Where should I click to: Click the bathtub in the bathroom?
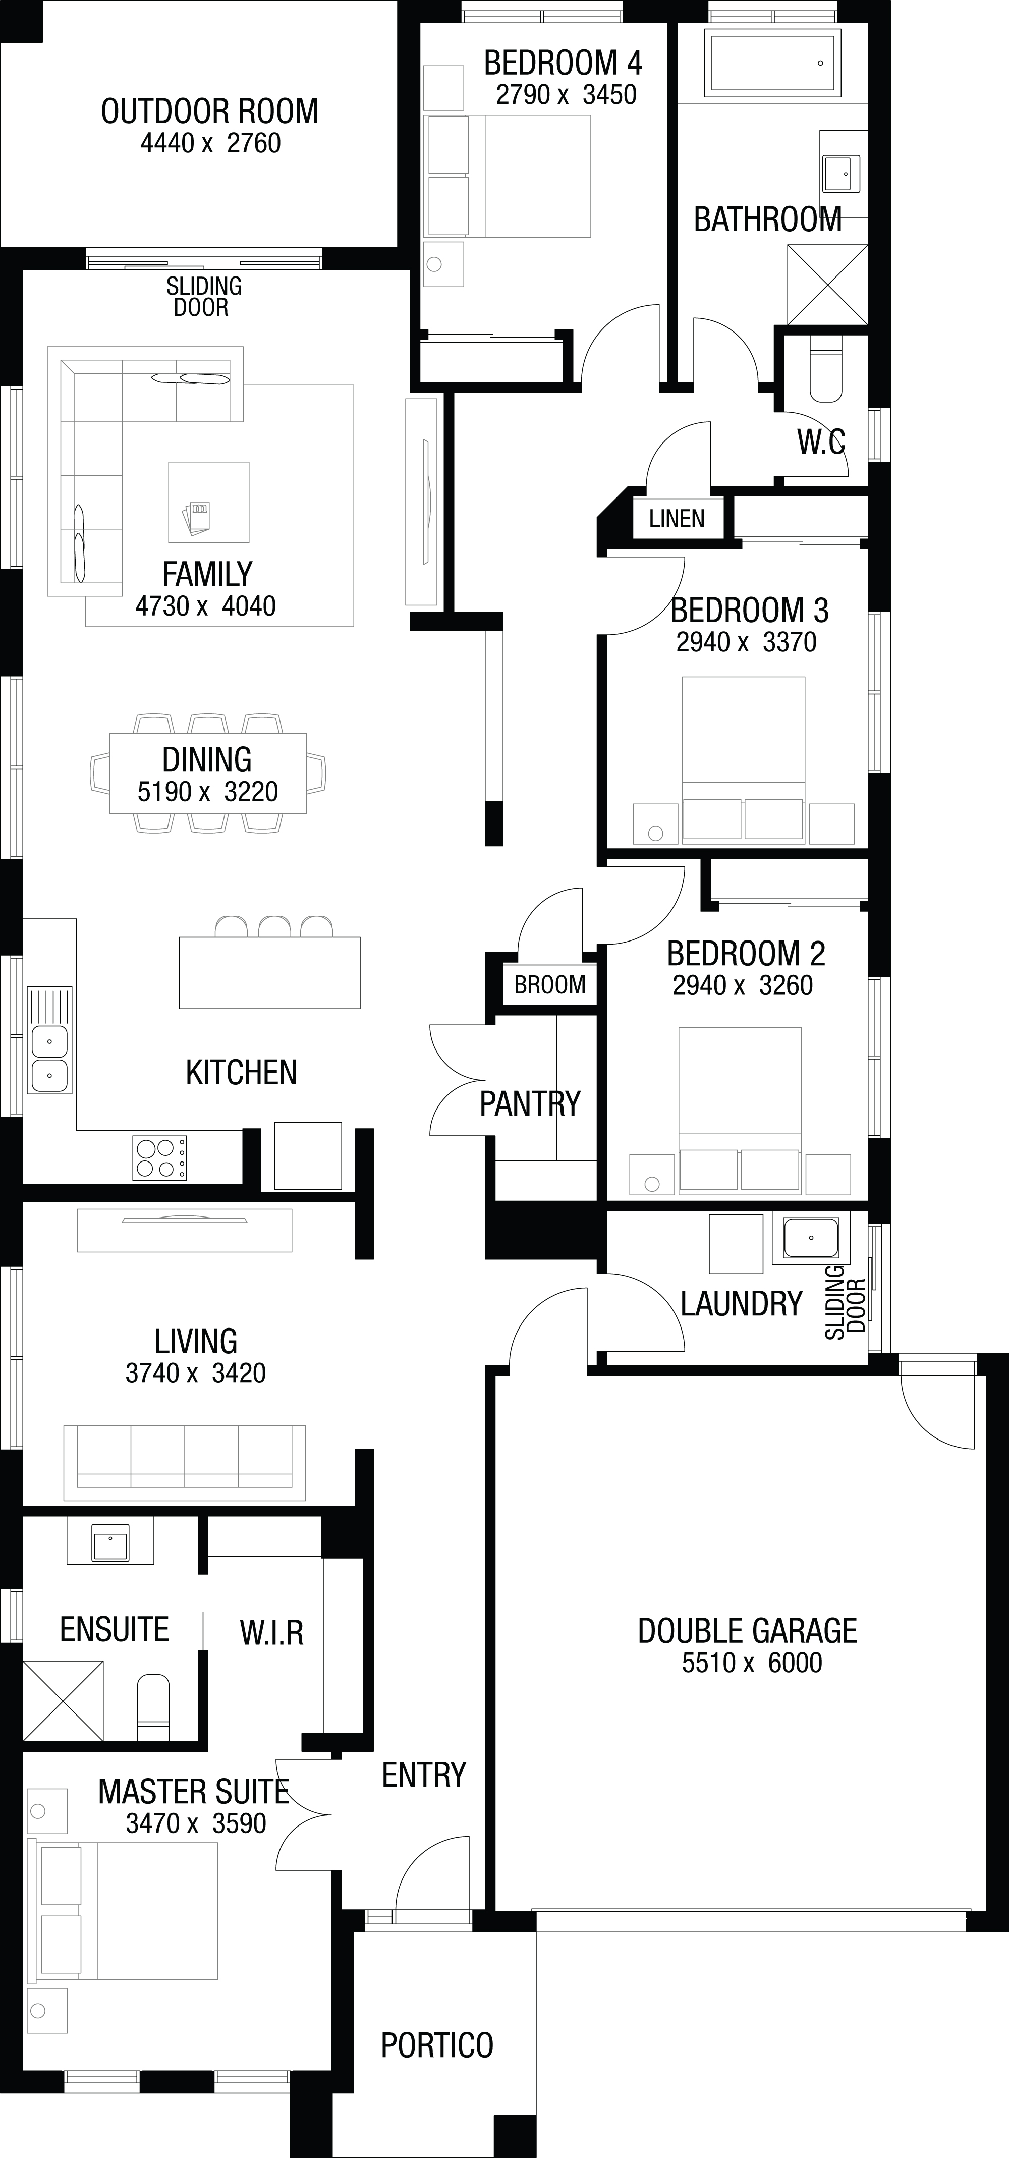click(772, 61)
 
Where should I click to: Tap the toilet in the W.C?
click(826, 369)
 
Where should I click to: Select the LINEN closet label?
click(677, 519)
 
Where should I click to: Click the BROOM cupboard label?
click(549, 984)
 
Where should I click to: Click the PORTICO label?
click(437, 2045)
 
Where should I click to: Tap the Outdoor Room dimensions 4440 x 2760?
click(210, 143)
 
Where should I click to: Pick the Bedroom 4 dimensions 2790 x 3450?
click(566, 95)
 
